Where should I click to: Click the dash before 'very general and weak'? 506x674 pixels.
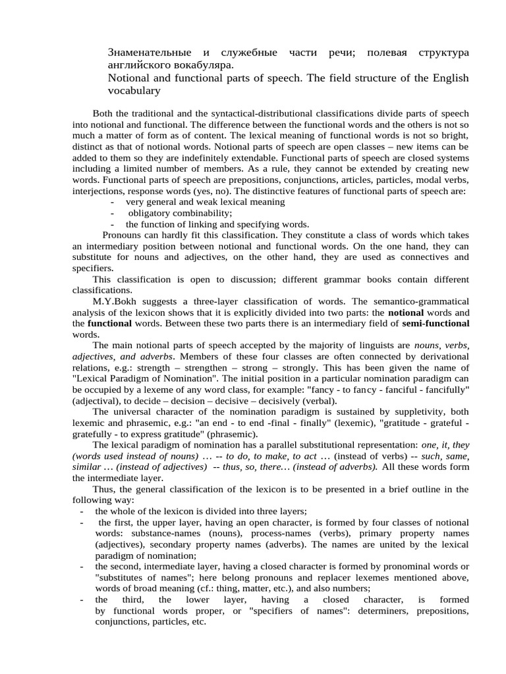pyautogui.click(x=114, y=202)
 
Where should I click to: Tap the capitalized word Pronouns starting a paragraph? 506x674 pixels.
pyautogui.click(x=123, y=234)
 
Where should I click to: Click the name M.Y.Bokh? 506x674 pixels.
pyautogui.click(x=115, y=301)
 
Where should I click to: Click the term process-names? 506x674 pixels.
pyautogui.click(x=285, y=533)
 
